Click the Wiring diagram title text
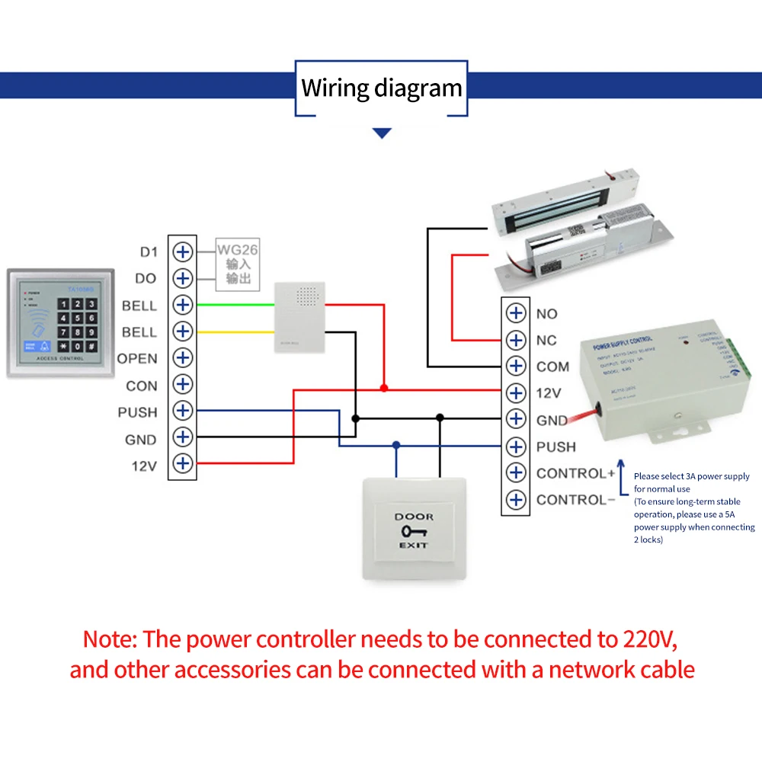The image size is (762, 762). point(382,88)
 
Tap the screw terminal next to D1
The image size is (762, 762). point(182,251)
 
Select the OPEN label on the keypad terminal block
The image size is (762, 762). point(137,358)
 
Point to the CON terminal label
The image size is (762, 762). point(142,386)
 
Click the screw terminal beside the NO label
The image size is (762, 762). point(517,313)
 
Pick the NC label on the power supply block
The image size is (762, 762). point(546,340)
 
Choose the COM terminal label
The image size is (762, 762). point(552,367)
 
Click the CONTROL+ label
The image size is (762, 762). point(575,473)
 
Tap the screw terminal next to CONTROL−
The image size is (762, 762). point(517,500)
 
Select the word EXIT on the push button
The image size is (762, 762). point(413,546)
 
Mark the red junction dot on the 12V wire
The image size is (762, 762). point(384,388)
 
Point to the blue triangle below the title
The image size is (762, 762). point(382,133)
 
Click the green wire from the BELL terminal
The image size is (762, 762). point(235,305)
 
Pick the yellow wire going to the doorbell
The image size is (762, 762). point(235,331)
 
